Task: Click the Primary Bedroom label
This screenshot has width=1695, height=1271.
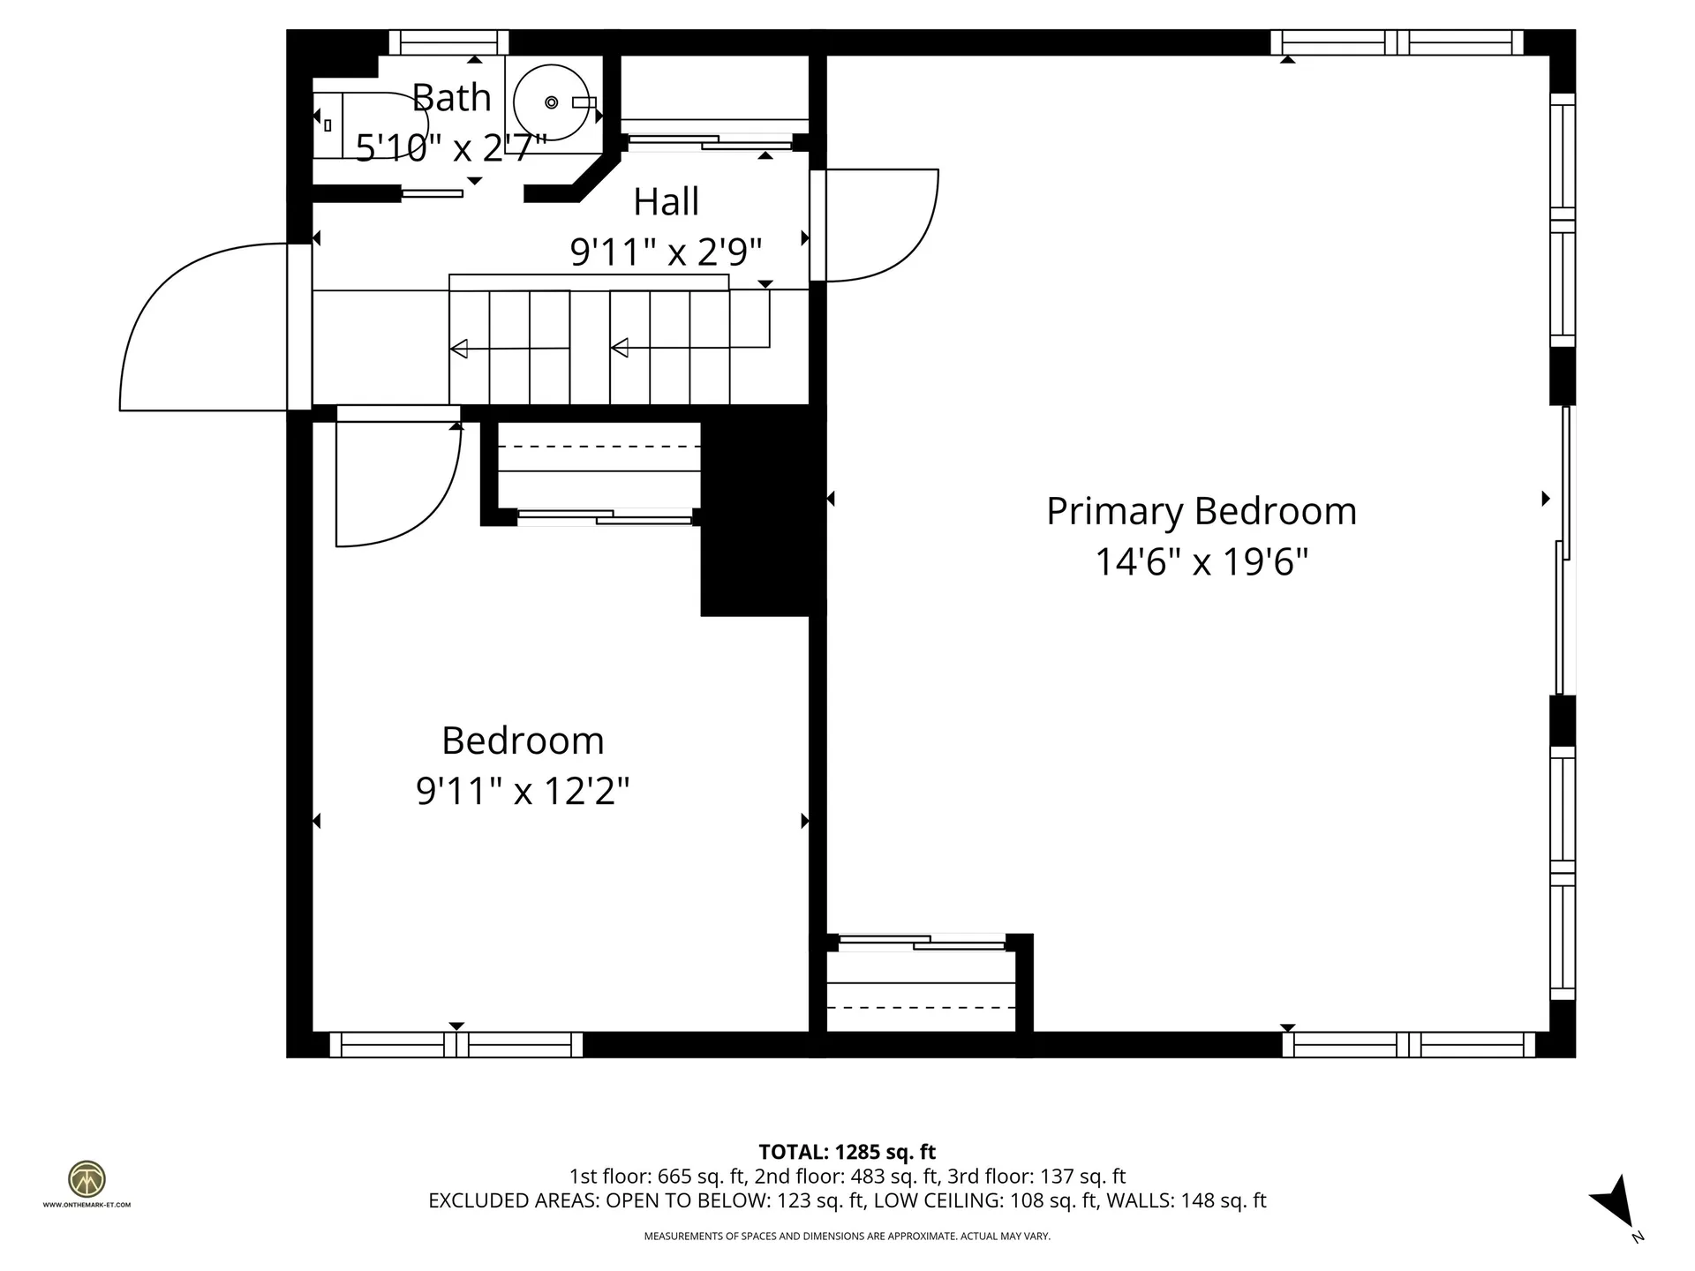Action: tap(1201, 511)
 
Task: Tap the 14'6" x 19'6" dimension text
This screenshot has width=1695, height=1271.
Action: tap(1201, 561)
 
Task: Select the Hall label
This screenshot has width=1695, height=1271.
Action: tap(666, 202)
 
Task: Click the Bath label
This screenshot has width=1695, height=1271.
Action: tap(451, 98)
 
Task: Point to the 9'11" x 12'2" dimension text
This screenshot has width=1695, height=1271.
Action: tap(523, 791)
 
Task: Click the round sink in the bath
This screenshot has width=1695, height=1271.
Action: tap(552, 102)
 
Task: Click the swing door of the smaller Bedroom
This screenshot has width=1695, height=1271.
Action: tap(397, 485)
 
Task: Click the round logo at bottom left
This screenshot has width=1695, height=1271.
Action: tap(87, 1179)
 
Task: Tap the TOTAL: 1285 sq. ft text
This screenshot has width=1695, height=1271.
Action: tap(847, 1152)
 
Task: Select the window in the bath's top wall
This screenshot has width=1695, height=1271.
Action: tap(448, 42)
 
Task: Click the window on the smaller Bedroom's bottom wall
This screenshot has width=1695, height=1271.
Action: tap(456, 1045)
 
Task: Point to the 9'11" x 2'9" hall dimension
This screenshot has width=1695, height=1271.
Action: tap(666, 253)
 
